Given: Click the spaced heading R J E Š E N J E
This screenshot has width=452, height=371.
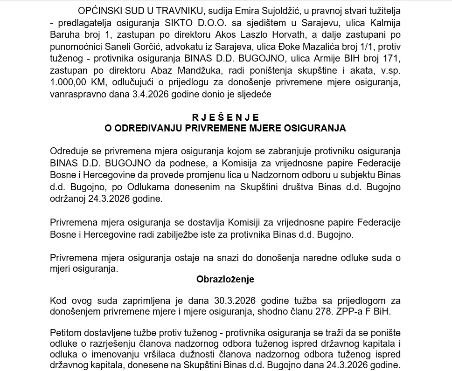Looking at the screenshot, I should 226,117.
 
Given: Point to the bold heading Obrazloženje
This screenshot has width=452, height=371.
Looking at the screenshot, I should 225,280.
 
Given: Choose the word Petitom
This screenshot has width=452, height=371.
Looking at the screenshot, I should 66,333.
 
